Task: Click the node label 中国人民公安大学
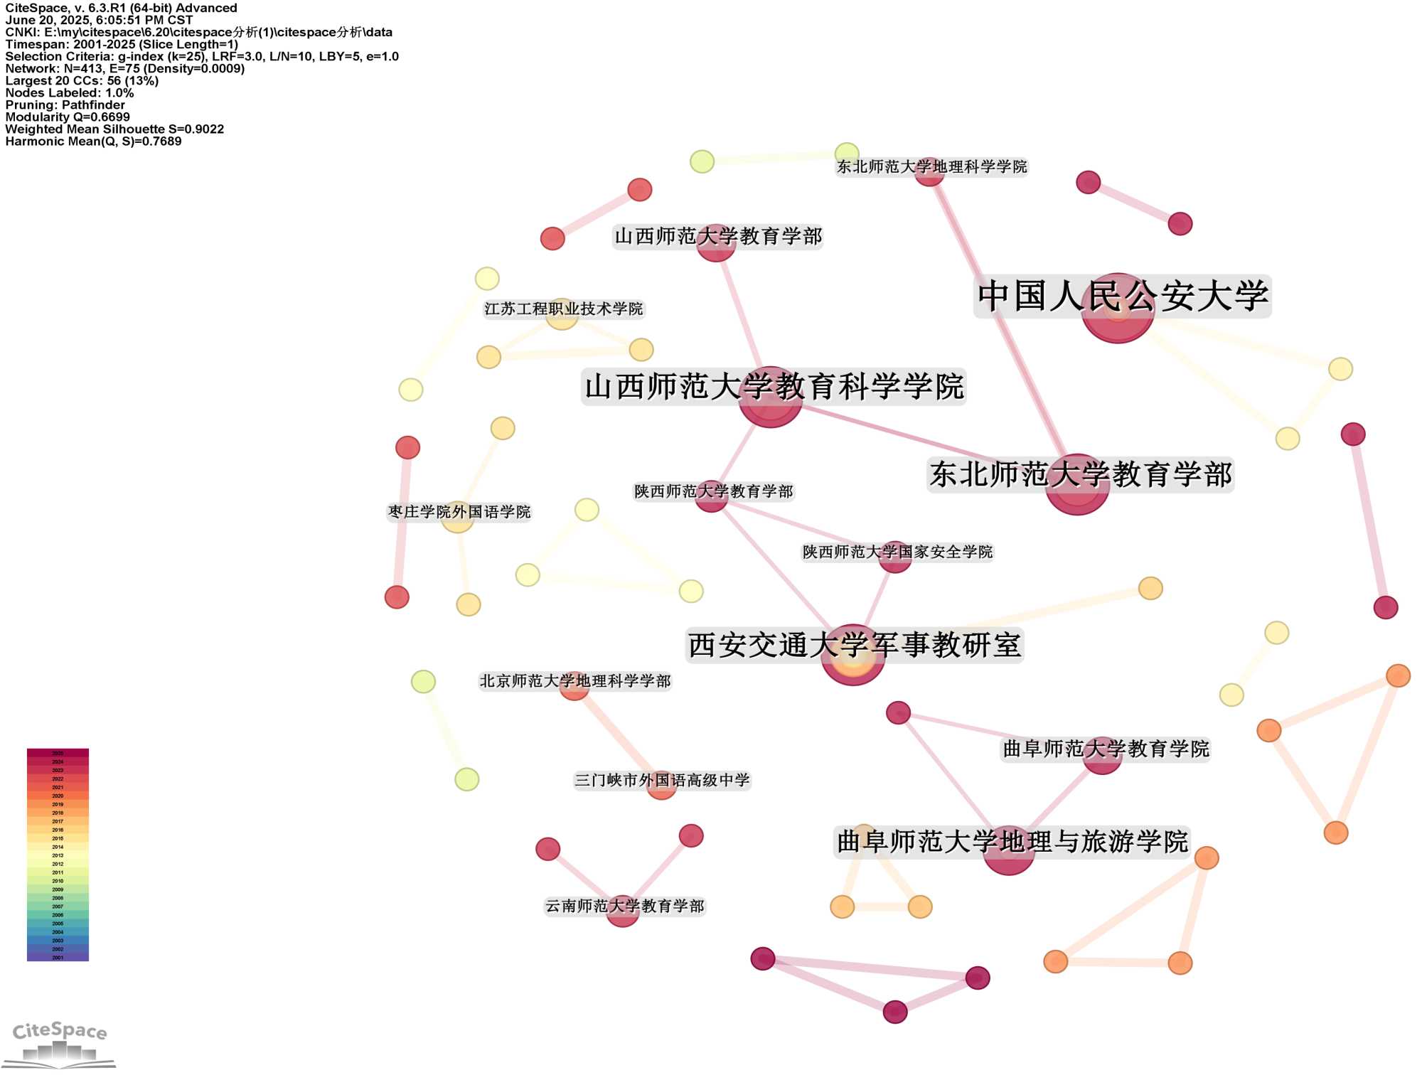coord(1122,296)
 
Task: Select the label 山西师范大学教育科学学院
coord(774,387)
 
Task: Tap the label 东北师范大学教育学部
coord(1080,474)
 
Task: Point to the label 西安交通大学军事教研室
coord(854,645)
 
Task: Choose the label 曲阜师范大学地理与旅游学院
coord(1012,842)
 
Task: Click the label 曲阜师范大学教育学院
coord(1106,749)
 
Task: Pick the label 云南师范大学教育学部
coord(624,906)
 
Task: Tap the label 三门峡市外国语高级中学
coord(662,780)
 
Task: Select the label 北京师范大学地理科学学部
coord(574,681)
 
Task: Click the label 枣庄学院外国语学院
coord(459,512)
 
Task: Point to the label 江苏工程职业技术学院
coord(563,309)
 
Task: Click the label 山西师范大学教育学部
coord(718,236)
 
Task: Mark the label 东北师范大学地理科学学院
coord(931,166)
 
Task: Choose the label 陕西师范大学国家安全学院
coord(897,552)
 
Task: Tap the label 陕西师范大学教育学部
coord(713,491)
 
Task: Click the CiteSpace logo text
coord(60,1031)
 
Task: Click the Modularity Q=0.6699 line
coord(68,117)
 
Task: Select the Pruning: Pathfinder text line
coord(65,105)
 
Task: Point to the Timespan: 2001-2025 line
coord(122,44)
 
